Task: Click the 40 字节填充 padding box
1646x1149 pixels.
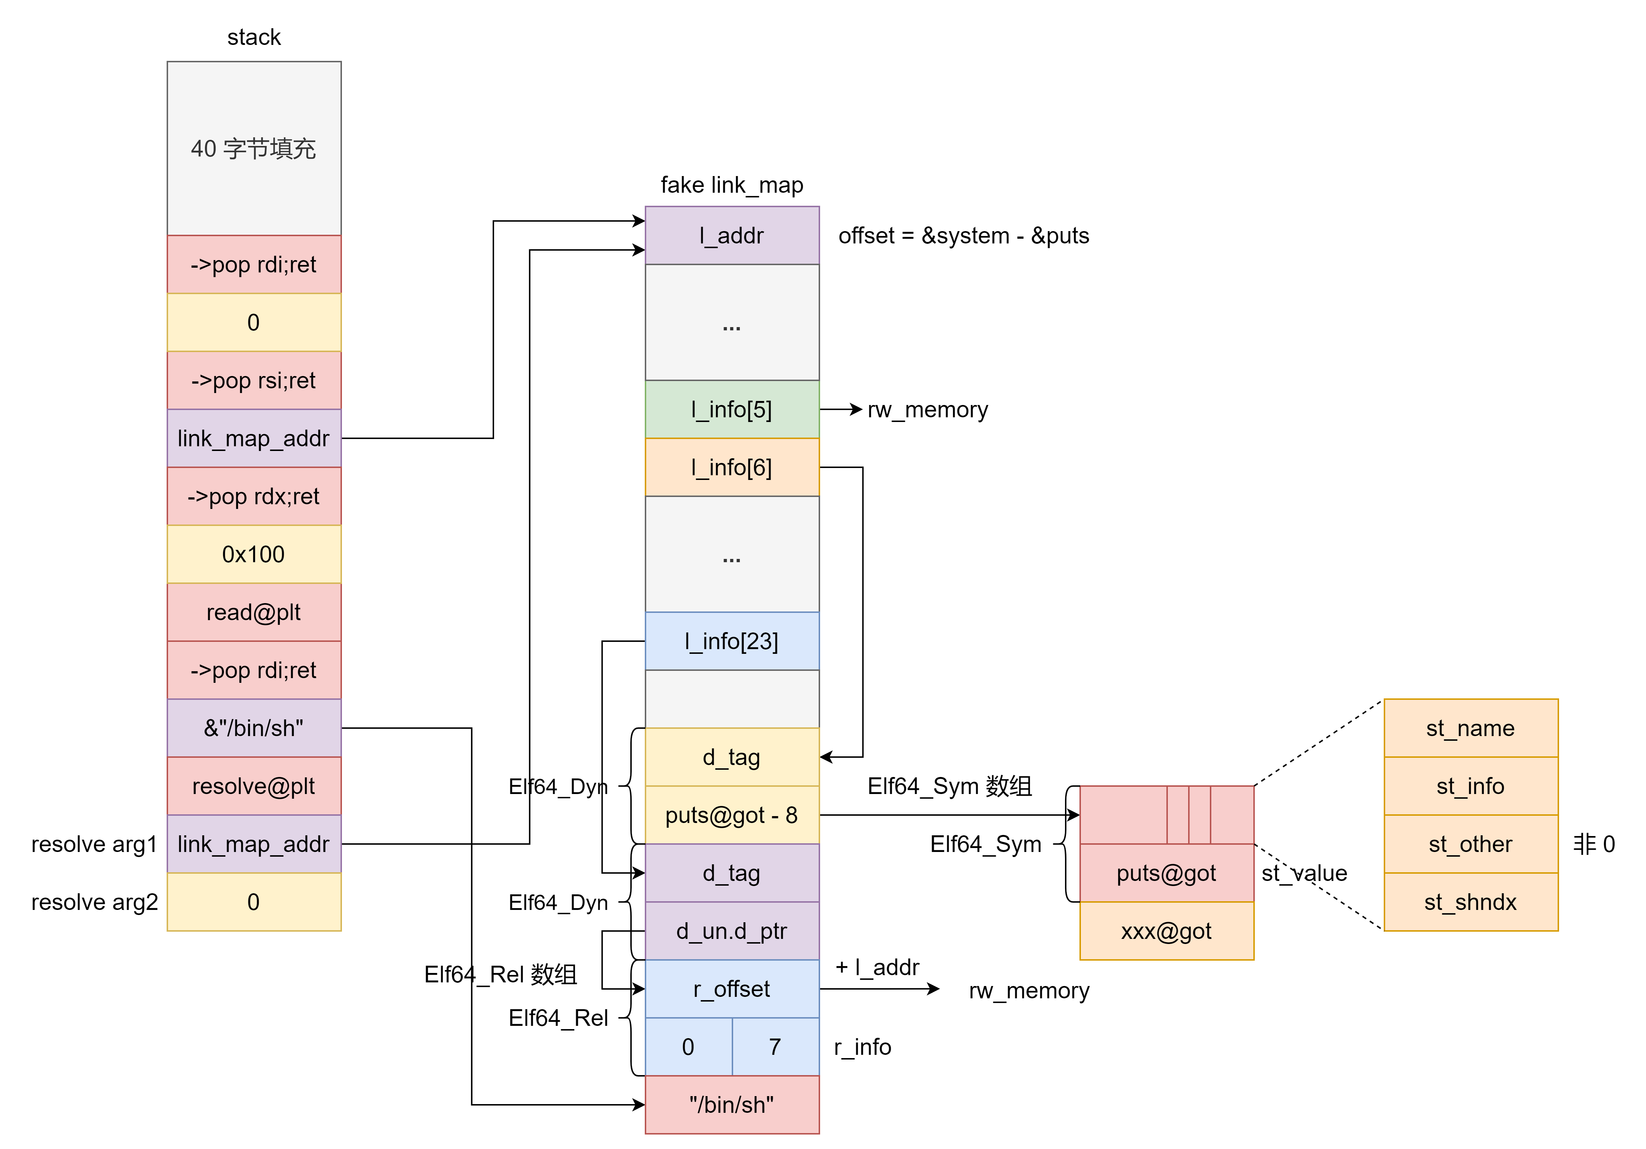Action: click(254, 149)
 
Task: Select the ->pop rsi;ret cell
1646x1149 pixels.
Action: click(254, 381)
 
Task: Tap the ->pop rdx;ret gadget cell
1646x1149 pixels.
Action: click(254, 496)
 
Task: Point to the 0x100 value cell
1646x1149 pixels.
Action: click(254, 554)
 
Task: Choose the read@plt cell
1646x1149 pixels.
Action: click(254, 612)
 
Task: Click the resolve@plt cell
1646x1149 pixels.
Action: click(254, 786)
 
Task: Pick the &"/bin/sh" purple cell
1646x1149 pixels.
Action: click(254, 728)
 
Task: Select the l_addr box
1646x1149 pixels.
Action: click(732, 236)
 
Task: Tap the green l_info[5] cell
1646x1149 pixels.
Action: click(732, 409)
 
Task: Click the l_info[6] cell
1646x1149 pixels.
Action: click(732, 467)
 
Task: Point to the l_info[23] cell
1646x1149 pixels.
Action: click(732, 641)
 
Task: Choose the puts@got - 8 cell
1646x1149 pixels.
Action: click(732, 815)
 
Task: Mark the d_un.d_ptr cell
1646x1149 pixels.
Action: click(732, 931)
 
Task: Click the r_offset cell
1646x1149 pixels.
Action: click(732, 989)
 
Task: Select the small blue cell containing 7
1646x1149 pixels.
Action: click(775, 1046)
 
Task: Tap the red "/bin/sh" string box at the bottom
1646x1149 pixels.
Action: click(732, 1104)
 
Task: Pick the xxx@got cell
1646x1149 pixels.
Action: click(1166, 931)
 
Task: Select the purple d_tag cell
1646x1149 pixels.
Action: click(732, 873)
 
